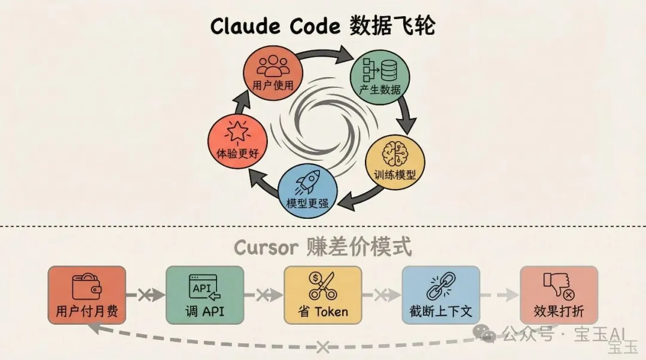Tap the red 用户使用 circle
pos(273,72)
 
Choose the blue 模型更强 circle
pos(307,188)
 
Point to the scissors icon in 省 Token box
pos(322,286)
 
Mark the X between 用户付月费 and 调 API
pos(144,295)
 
